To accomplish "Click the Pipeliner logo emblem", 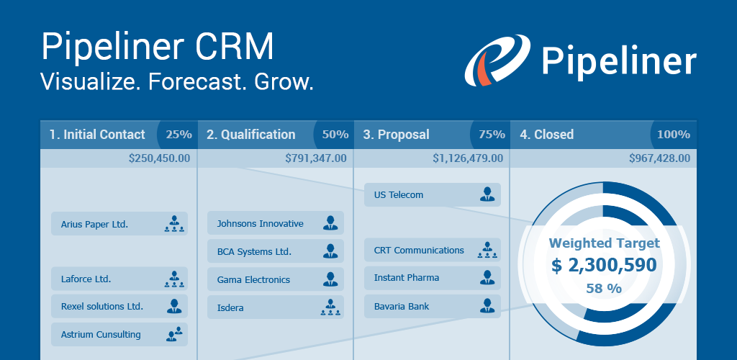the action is pyautogui.click(x=497, y=60).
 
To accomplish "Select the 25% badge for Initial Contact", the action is pyautogui.click(x=178, y=135).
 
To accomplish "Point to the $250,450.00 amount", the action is pyautogui.click(x=159, y=158).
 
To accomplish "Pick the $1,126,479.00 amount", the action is pyautogui.click(x=468, y=158).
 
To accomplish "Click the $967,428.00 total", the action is pyautogui.click(x=659, y=158).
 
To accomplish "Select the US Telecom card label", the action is pyautogui.click(x=399, y=194).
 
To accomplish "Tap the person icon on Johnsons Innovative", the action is pyautogui.click(x=330, y=222).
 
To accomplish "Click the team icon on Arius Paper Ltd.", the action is pyautogui.click(x=174, y=224).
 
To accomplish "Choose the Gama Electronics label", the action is pyautogui.click(x=253, y=279).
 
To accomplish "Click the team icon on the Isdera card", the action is pyautogui.click(x=330, y=307).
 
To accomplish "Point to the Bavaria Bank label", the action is pyautogui.click(x=402, y=307).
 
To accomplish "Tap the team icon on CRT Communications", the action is pyautogui.click(x=487, y=250).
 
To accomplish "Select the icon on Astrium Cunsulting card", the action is pyautogui.click(x=174, y=334).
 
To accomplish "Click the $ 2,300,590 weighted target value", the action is pyautogui.click(x=604, y=266).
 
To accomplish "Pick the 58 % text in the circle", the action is pyautogui.click(x=604, y=288).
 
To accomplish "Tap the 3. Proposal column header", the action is pyautogui.click(x=397, y=135).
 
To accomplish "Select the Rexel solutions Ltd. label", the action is pyautogui.click(x=102, y=307).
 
